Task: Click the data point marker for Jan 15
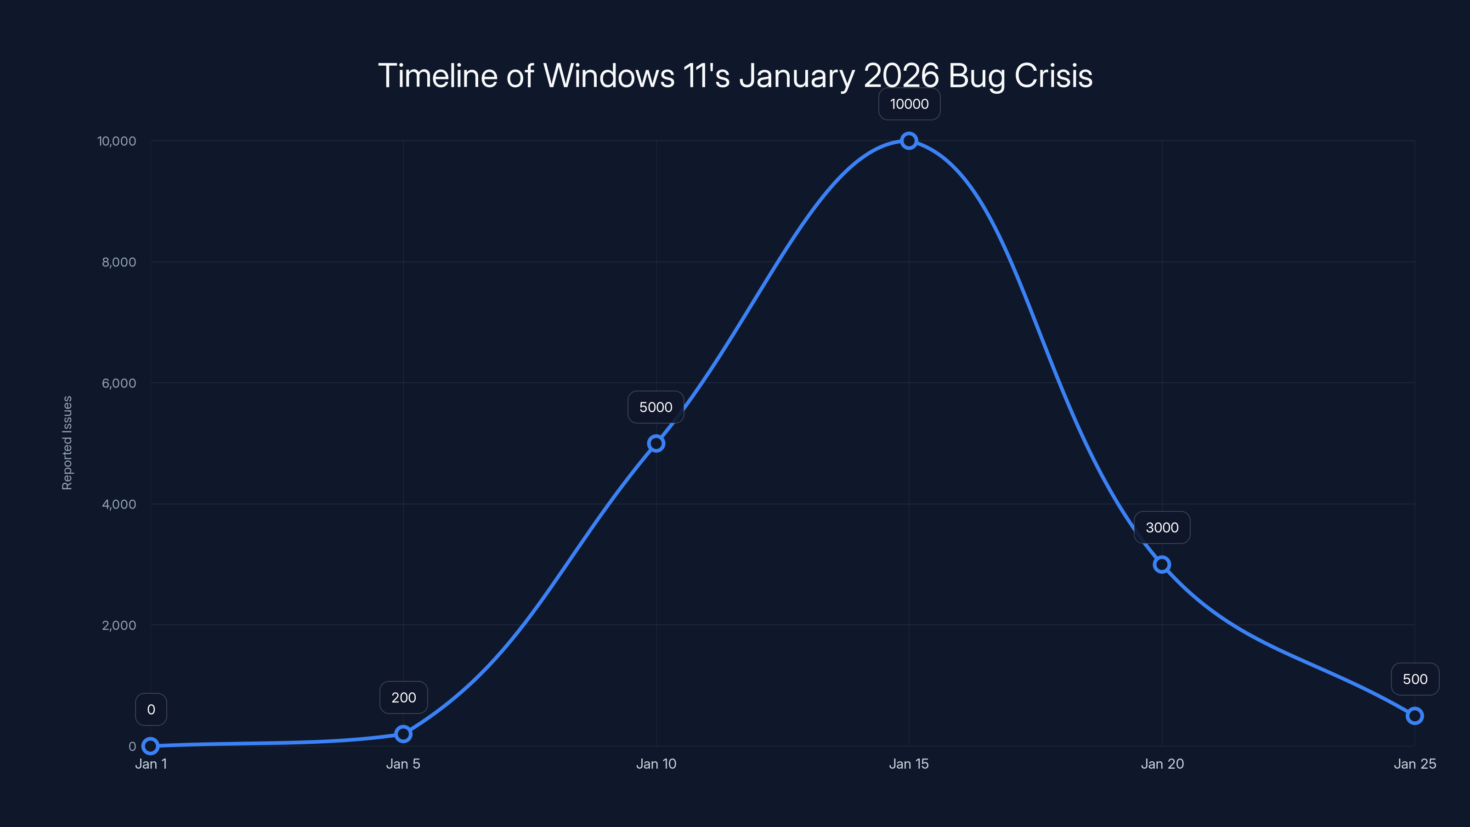click(x=909, y=141)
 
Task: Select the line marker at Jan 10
click(x=656, y=443)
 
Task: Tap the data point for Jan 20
click(x=1162, y=565)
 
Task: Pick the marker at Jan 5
click(x=403, y=734)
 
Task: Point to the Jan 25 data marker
click(x=1415, y=716)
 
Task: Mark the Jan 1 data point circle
click(x=150, y=746)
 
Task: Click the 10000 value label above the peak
click(x=909, y=104)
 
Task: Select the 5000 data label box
click(x=656, y=407)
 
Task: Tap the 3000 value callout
click(x=1162, y=527)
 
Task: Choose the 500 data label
click(x=1415, y=679)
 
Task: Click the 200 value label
click(x=403, y=697)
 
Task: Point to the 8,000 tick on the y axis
click(x=119, y=262)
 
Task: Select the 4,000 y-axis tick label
click(x=119, y=504)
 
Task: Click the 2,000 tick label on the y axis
click(x=119, y=625)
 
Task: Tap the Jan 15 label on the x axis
click(x=909, y=764)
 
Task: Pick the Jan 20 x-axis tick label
click(x=1162, y=764)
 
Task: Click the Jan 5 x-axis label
click(x=403, y=764)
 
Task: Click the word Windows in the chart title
click(x=608, y=76)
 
